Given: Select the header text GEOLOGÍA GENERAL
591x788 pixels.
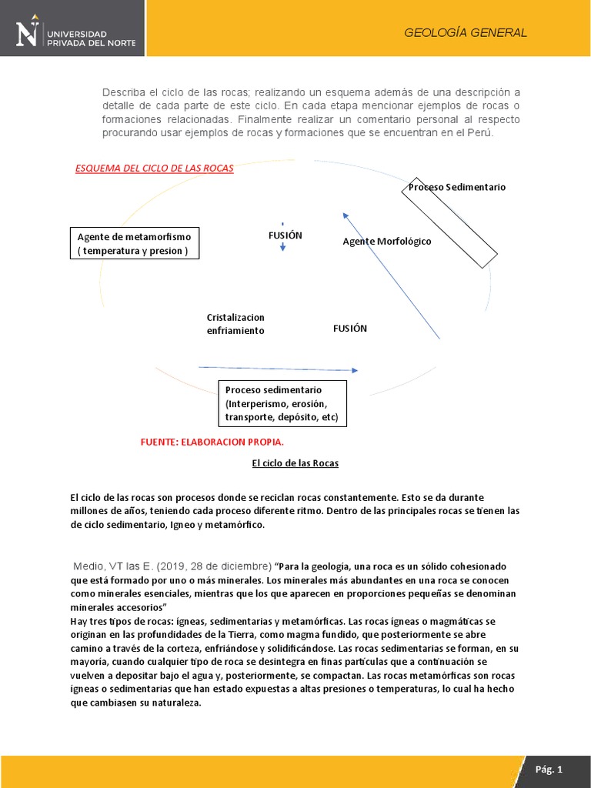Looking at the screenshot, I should pos(466,32).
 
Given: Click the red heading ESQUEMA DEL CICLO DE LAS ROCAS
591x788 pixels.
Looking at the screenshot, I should pos(154,169).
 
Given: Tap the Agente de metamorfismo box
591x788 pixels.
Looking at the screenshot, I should pos(134,243).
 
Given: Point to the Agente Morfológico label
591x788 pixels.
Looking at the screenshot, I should pos(386,242).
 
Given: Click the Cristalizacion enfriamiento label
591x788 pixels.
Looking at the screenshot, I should pos(235,324).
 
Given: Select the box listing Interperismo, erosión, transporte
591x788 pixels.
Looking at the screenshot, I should pos(282,404).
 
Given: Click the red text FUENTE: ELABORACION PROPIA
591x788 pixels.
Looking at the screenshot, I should pos(212,442).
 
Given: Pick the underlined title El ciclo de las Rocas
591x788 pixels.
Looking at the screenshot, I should pos(295,463).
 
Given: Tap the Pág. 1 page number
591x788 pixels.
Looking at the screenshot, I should pos(549,769).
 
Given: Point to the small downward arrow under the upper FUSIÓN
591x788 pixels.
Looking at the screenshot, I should pos(283,247).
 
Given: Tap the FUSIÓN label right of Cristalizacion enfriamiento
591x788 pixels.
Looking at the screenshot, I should pos(350,329).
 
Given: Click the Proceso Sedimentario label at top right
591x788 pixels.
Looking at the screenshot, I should pos(457,187).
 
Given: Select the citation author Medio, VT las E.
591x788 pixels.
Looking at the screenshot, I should pos(115,556).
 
